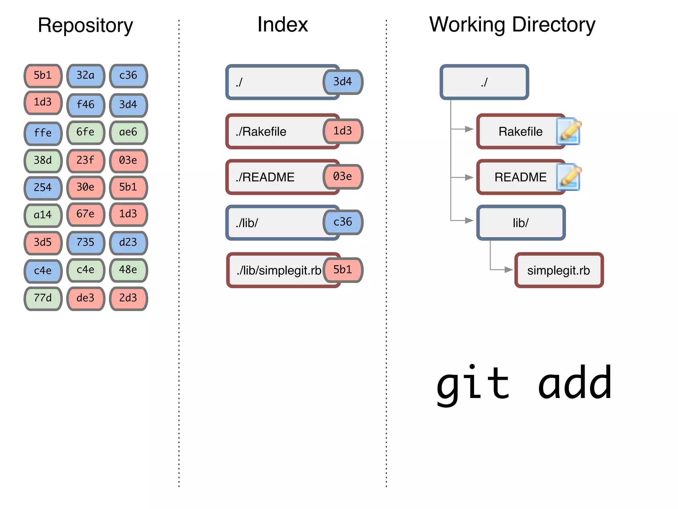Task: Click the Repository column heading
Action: [85, 25]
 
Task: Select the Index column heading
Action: [282, 25]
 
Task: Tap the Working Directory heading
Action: [512, 25]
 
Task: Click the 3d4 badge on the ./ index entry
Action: [343, 82]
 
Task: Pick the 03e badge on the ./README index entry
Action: [343, 177]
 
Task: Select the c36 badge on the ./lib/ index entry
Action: [343, 222]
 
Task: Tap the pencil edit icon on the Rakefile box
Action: [569, 131]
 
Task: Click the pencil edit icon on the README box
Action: [569, 177]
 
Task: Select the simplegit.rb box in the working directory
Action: [559, 270]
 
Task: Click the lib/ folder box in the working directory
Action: [520, 223]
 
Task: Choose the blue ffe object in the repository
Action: [43, 133]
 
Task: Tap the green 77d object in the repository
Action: [43, 298]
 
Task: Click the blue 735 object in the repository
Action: [86, 243]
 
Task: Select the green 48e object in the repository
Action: [128, 270]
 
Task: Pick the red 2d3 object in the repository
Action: [128, 298]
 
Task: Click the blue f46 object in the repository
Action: [86, 105]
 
